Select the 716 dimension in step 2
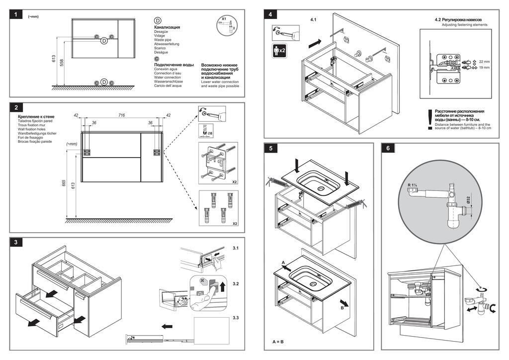coord(121,115)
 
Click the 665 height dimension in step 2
coord(64,183)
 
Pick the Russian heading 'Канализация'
coord(167,27)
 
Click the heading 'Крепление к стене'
coord(36,116)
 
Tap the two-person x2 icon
coord(279,50)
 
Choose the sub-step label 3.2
coord(236,283)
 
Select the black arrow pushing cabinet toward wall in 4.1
coord(315,44)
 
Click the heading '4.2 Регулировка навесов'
coord(457,19)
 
